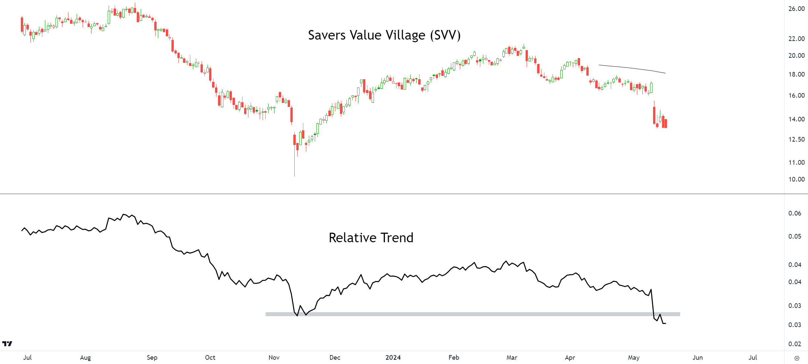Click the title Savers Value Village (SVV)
point(384,35)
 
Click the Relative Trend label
point(371,238)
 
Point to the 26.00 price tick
point(796,9)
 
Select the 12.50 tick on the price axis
point(796,139)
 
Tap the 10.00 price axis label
point(796,179)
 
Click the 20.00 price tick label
point(796,55)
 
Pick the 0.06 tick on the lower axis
point(794,213)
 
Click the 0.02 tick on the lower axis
point(794,344)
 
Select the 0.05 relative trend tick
point(794,236)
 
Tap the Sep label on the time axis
point(152,357)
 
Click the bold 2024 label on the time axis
point(393,357)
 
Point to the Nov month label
point(274,357)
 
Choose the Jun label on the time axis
point(697,357)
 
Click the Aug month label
point(85,357)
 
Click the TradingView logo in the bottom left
point(7,344)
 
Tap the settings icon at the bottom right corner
point(797,358)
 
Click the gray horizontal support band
point(472,314)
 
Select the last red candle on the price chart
point(666,123)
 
